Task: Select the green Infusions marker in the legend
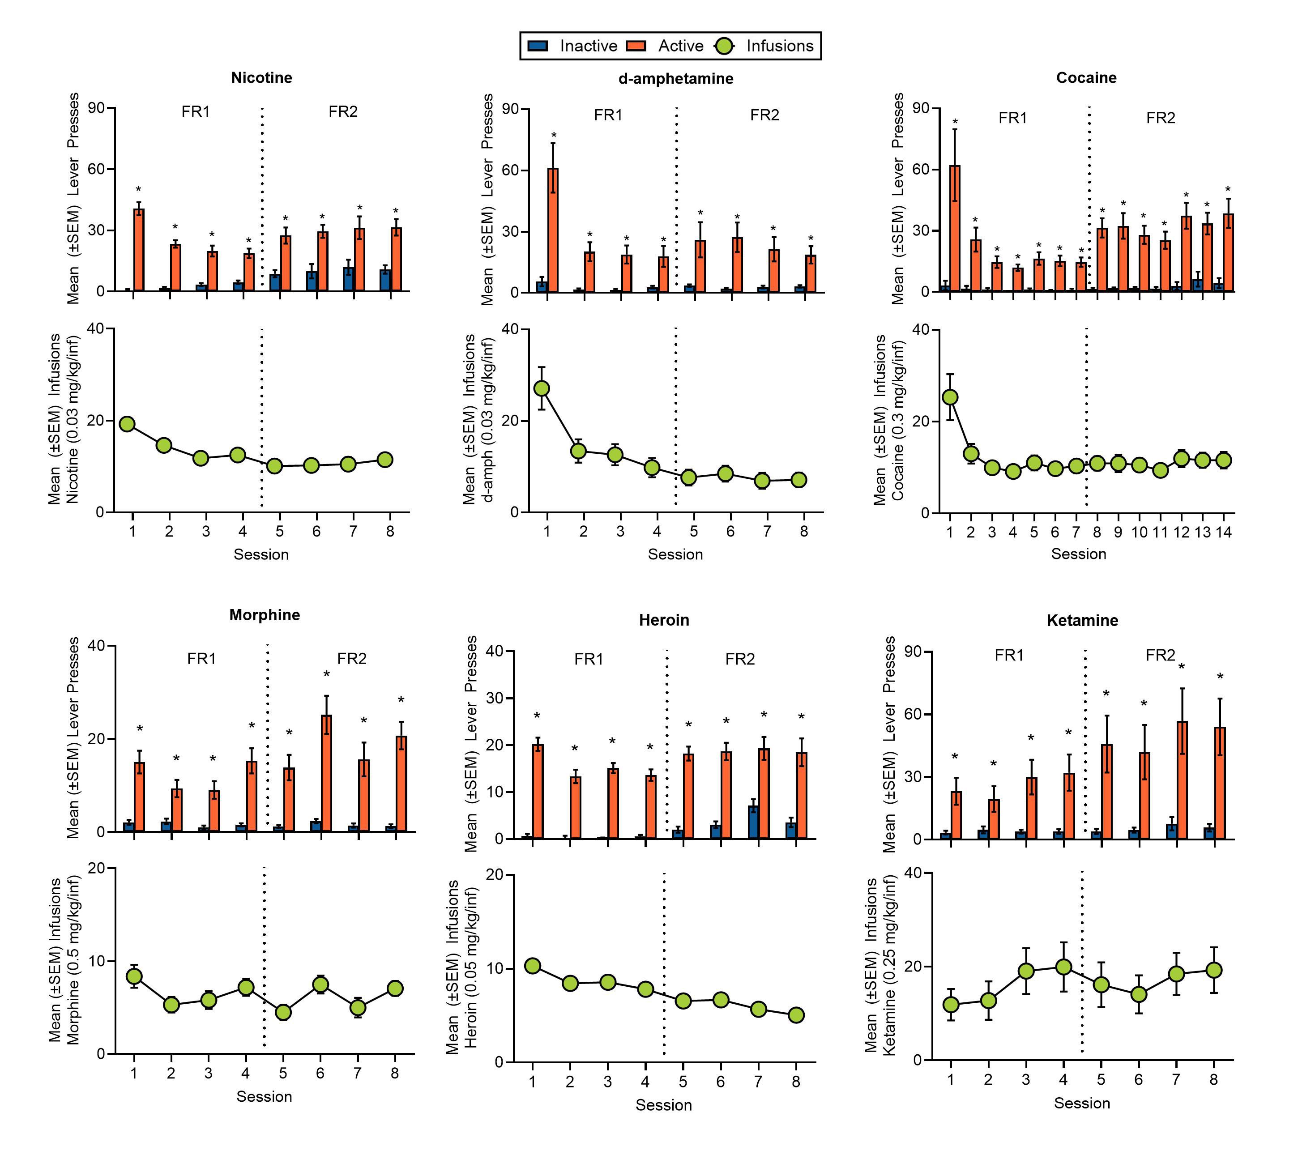(724, 46)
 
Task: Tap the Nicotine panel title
(262, 78)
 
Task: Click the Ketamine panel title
(1082, 620)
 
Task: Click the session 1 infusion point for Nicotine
(128, 424)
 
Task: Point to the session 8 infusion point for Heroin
(796, 1015)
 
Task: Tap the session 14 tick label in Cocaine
(1224, 532)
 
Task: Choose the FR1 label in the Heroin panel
(589, 659)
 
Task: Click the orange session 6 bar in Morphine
(326, 773)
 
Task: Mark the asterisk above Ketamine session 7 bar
(1181, 667)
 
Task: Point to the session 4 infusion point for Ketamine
(1063, 967)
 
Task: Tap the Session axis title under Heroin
(663, 1105)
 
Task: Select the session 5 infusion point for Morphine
(283, 1012)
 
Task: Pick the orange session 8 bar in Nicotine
(396, 259)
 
